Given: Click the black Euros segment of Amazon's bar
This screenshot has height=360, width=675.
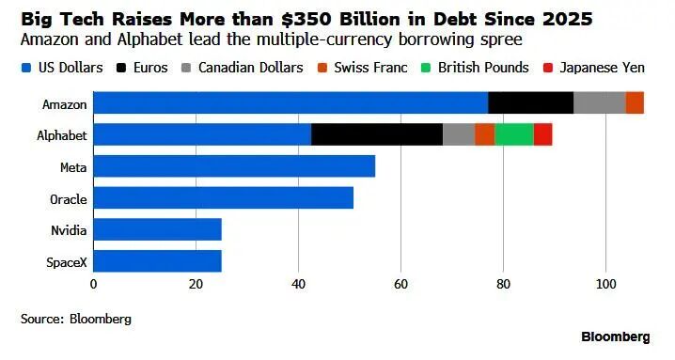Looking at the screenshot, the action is pos(531,102).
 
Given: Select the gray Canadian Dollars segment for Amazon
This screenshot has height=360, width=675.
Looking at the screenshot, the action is pos(600,102).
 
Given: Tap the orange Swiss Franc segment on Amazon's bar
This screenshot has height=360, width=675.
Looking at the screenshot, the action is pos(635,102).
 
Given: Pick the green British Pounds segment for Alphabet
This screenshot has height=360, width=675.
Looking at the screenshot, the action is pos(514,134).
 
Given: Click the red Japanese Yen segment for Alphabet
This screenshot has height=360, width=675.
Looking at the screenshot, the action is pos(543,134).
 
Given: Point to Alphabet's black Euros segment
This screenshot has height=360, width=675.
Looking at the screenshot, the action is pos(377,134).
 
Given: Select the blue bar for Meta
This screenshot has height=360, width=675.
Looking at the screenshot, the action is pos(234,166).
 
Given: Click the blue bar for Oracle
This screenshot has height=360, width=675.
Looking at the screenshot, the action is pos(224,197).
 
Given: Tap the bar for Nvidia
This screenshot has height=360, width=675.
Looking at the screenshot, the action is pos(158,229).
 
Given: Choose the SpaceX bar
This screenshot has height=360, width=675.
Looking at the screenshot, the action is pos(158,261).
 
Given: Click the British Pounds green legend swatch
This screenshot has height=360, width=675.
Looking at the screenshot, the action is pos(426,68).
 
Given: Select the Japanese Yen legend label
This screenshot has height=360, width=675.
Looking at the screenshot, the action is pos(603,68).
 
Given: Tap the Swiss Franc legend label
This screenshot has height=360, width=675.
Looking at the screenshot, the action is pos(370,68).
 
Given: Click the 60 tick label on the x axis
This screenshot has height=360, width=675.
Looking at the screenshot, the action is pos(400,285).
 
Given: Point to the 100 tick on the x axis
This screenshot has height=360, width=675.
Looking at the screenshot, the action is pos(605,285).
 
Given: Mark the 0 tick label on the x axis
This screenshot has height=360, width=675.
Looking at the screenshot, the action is pos(93,285).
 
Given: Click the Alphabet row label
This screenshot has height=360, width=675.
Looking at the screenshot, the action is pos(62,135).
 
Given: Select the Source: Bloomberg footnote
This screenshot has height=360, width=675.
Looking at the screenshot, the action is pos(76,319).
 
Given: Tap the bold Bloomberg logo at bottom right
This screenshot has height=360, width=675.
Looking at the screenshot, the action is pos(616,337).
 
